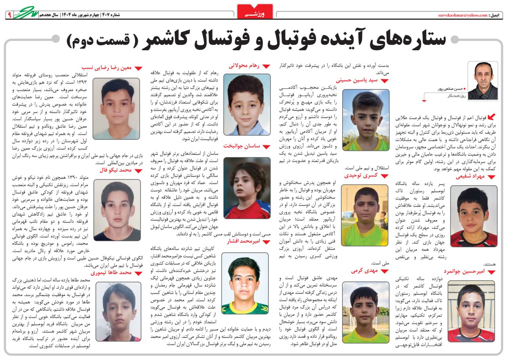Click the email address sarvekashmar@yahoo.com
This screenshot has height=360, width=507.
coord(463,15)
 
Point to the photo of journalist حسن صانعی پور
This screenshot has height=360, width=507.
coord(482,80)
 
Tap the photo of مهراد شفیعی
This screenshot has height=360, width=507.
coord(473,216)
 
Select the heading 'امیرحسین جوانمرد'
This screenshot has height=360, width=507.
coord(466,271)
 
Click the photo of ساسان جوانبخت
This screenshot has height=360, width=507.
coord(247,188)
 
